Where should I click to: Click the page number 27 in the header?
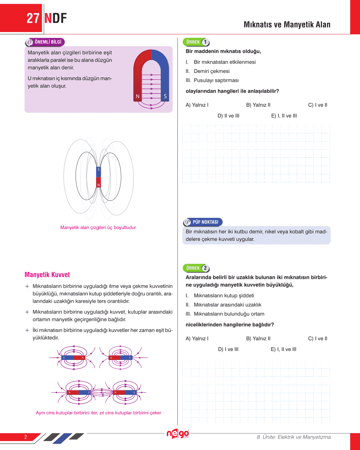pyautogui.click(x=33, y=18)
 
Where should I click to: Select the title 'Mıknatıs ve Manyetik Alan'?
pyautogui.click(x=287, y=25)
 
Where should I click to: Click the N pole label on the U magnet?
pyautogui.click(x=138, y=96)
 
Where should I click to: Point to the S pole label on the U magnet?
pyautogui.click(x=165, y=96)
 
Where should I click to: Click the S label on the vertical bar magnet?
pyautogui.click(x=99, y=169)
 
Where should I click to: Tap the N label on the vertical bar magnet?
pyautogui.click(x=99, y=185)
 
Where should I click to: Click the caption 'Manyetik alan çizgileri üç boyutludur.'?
pyautogui.click(x=98, y=227)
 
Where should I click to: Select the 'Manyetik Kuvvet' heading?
pyautogui.click(x=47, y=275)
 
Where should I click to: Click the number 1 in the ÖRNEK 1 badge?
pyautogui.click(x=205, y=42)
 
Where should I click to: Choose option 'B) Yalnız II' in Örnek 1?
pyautogui.click(x=258, y=105)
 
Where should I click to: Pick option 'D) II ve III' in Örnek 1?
pyautogui.click(x=228, y=116)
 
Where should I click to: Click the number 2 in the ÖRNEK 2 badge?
pyautogui.click(x=205, y=268)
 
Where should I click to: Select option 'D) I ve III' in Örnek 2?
pyautogui.click(x=228, y=349)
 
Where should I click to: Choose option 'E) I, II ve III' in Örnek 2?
pyautogui.click(x=283, y=349)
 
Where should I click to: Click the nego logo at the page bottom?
pyautogui.click(x=178, y=434)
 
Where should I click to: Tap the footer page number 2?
pyautogui.click(x=26, y=437)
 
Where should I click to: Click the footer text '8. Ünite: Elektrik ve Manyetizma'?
pyautogui.click(x=294, y=437)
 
